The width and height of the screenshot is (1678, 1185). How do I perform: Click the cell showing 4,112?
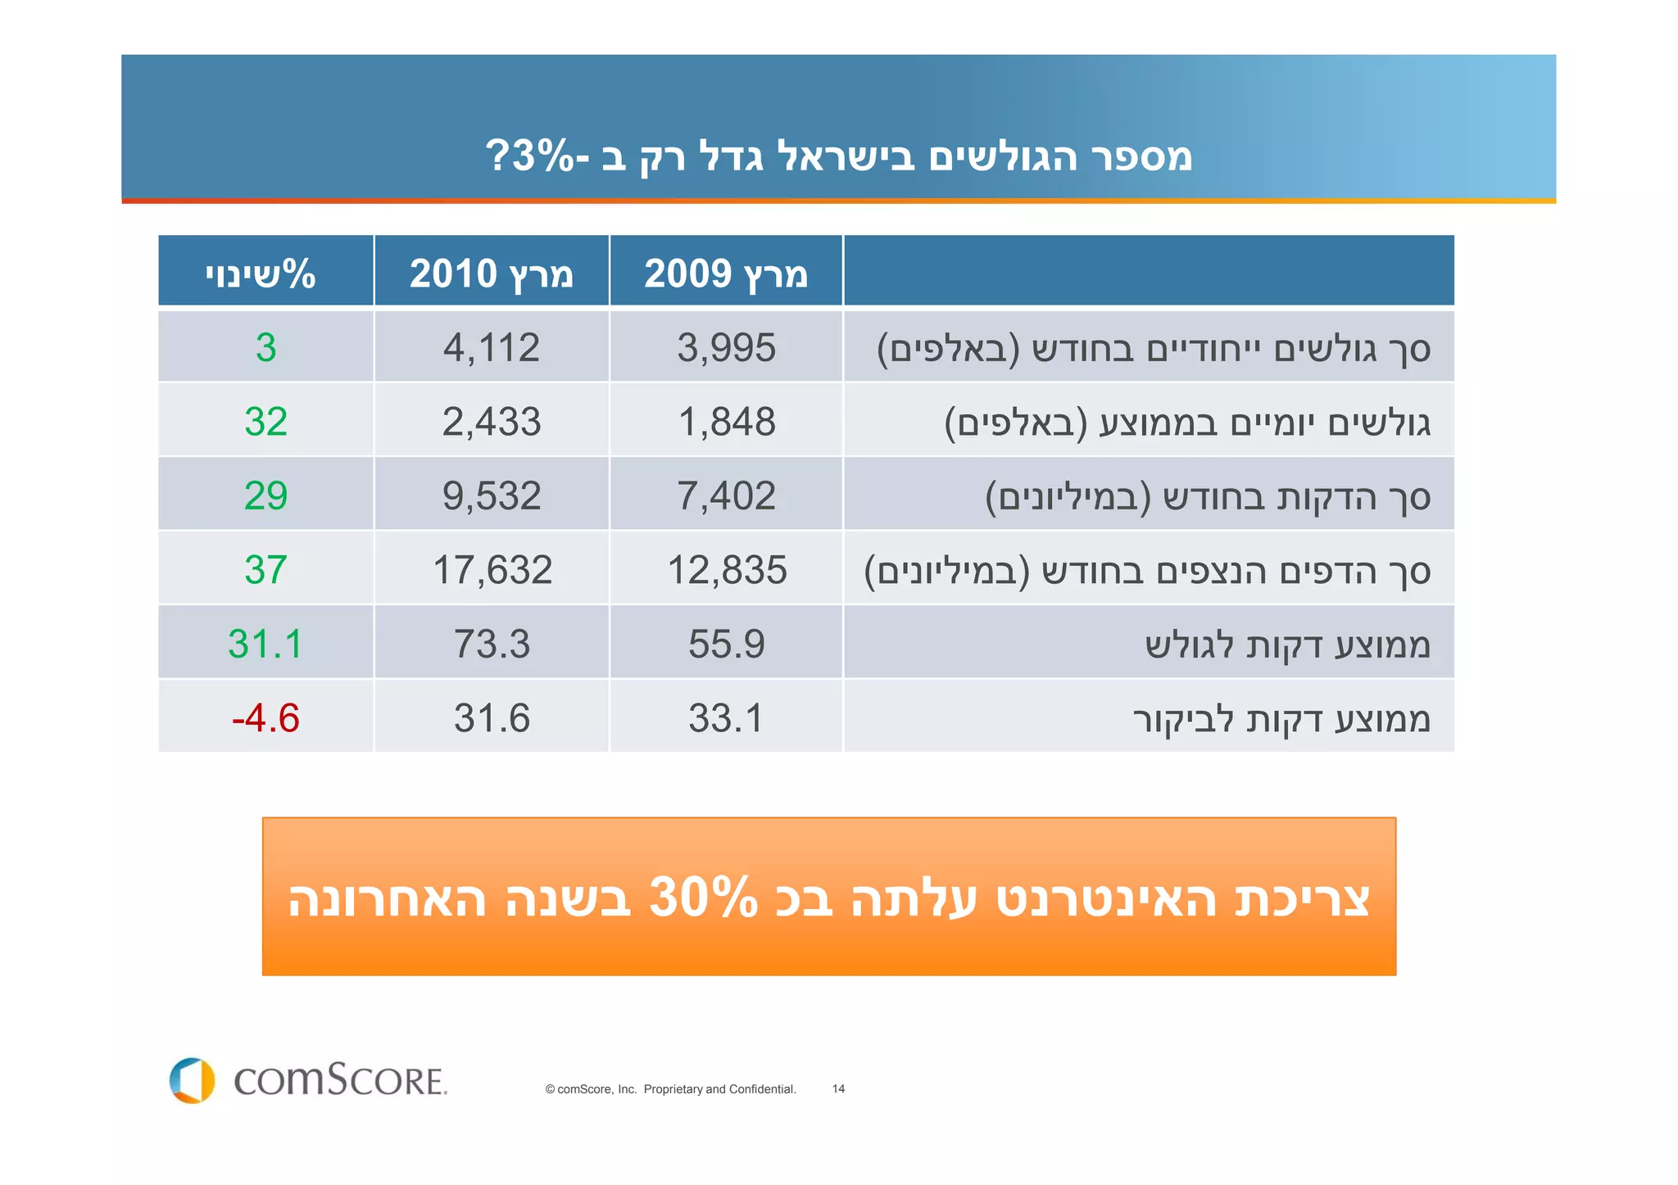point(492,347)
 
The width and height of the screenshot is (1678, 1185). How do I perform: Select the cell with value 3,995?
point(726,347)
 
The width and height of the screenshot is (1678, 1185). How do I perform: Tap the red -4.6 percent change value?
point(265,718)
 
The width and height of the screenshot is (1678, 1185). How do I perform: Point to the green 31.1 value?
point(265,644)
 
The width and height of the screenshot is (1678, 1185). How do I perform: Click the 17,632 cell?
point(492,570)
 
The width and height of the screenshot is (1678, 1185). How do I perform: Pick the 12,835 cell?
point(727,570)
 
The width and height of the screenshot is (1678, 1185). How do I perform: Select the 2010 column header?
point(492,273)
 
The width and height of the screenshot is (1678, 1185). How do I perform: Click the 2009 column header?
point(726,273)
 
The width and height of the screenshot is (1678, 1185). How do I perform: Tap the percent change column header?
point(261,273)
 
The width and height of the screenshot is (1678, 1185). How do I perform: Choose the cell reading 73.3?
point(492,644)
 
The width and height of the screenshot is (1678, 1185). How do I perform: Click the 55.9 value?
point(726,644)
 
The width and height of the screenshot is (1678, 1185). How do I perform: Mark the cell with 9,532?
point(492,496)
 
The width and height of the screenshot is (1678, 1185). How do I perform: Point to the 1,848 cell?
point(727,422)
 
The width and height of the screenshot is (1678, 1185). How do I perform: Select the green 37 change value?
point(265,570)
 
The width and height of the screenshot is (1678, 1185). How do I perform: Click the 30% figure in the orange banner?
point(703,898)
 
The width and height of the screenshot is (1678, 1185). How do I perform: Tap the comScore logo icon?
point(192,1080)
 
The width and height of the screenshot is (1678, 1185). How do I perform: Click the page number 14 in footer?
point(838,1089)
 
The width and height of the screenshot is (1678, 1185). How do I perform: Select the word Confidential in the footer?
point(762,1089)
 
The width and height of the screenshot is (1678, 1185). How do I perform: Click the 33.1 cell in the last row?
point(726,718)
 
